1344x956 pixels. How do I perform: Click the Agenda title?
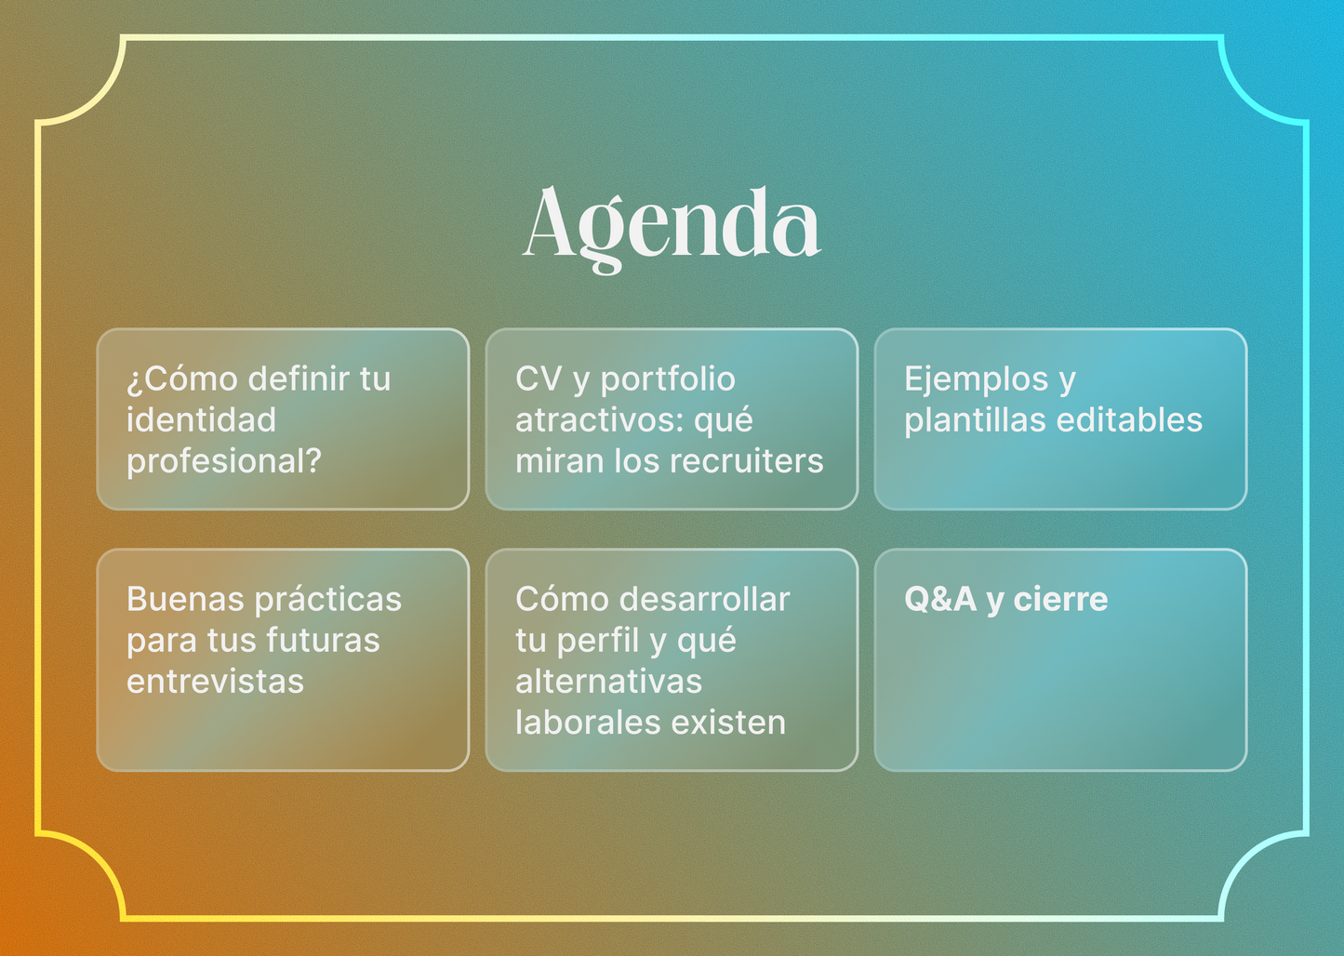point(671,226)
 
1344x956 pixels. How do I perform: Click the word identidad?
point(201,420)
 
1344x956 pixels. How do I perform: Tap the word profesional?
point(223,461)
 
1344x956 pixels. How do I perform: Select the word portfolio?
point(668,379)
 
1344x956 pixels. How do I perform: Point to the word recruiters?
point(746,461)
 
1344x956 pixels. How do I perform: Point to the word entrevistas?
point(215,682)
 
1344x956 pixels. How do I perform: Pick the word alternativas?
point(608,682)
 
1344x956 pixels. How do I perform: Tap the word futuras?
point(323,641)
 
